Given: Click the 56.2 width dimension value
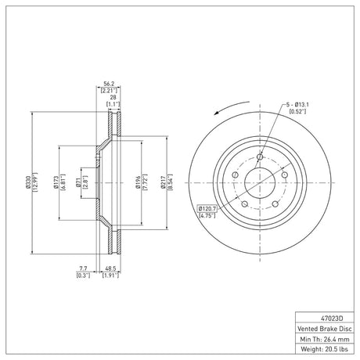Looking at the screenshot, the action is click(109, 84).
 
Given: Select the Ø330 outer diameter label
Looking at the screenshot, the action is click(27, 182).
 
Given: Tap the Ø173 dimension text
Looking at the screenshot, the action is click(55, 182).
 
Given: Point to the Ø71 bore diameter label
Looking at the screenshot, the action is click(78, 182).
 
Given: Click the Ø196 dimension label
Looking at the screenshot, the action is click(138, 182).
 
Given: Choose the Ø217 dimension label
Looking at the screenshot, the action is click(164, 182).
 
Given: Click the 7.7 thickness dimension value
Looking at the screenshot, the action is click(83, 268).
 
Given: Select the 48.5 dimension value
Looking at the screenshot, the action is click(110, 268).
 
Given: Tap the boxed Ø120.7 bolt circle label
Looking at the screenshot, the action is click(207, 209).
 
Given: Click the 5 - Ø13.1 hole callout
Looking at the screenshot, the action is click(297, 105).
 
